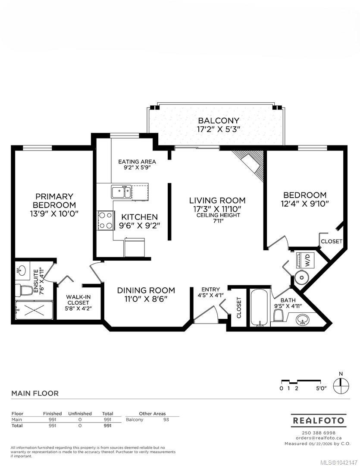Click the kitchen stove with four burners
pos(106,220)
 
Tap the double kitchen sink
pos(121,192)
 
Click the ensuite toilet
pos(23,290)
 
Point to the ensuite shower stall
pos(34,310)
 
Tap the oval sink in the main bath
pos(303,320)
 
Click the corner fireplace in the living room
pos(251,164)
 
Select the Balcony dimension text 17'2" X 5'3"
pos(218,129)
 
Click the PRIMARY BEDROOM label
pos(54,201)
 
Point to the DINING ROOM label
pos(146,290)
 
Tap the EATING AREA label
pos(137,162)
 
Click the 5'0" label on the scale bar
pos(321,388)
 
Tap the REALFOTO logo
pos(319,421)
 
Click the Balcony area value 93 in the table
pos(166,420)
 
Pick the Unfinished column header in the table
pos(80,413)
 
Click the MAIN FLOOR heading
pos(35,393)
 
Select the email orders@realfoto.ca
pos(319,438)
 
